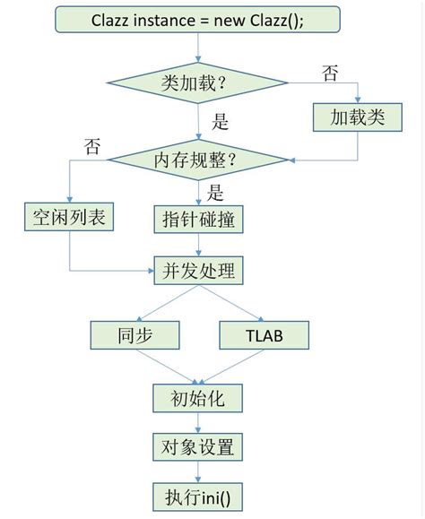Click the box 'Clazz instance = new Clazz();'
point(197,19)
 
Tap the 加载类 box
point(357,117)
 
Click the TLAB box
point(264,335)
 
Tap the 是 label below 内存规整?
point(215,191)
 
